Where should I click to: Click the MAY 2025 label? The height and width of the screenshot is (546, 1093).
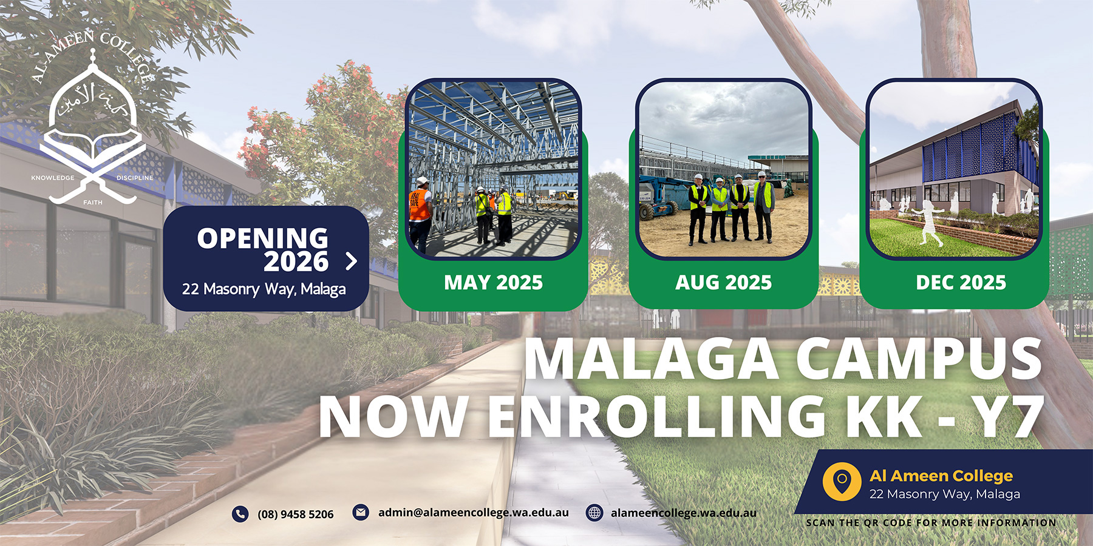[493, 283]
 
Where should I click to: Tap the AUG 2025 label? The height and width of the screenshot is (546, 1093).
[723, 283]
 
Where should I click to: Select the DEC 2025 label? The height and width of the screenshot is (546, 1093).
[961, 283]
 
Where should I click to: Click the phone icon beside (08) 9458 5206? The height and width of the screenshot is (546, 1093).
[240, 514]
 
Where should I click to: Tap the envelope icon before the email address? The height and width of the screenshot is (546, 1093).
[361, 512]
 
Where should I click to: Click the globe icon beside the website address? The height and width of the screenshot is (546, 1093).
[594, 513]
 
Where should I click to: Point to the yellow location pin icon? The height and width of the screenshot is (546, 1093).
[842, 482]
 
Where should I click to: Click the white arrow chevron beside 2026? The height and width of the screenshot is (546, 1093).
[351, 261]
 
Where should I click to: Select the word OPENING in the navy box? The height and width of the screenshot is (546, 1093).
[262, 238]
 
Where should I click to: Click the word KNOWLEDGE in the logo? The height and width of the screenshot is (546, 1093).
[53, 178]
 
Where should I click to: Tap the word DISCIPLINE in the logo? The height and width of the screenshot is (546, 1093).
[135, 178]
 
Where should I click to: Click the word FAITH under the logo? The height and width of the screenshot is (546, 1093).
[93, 202]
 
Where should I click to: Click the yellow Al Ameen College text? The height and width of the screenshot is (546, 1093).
[941, 476]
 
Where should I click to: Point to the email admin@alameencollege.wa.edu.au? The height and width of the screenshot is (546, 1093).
[473, 513]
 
